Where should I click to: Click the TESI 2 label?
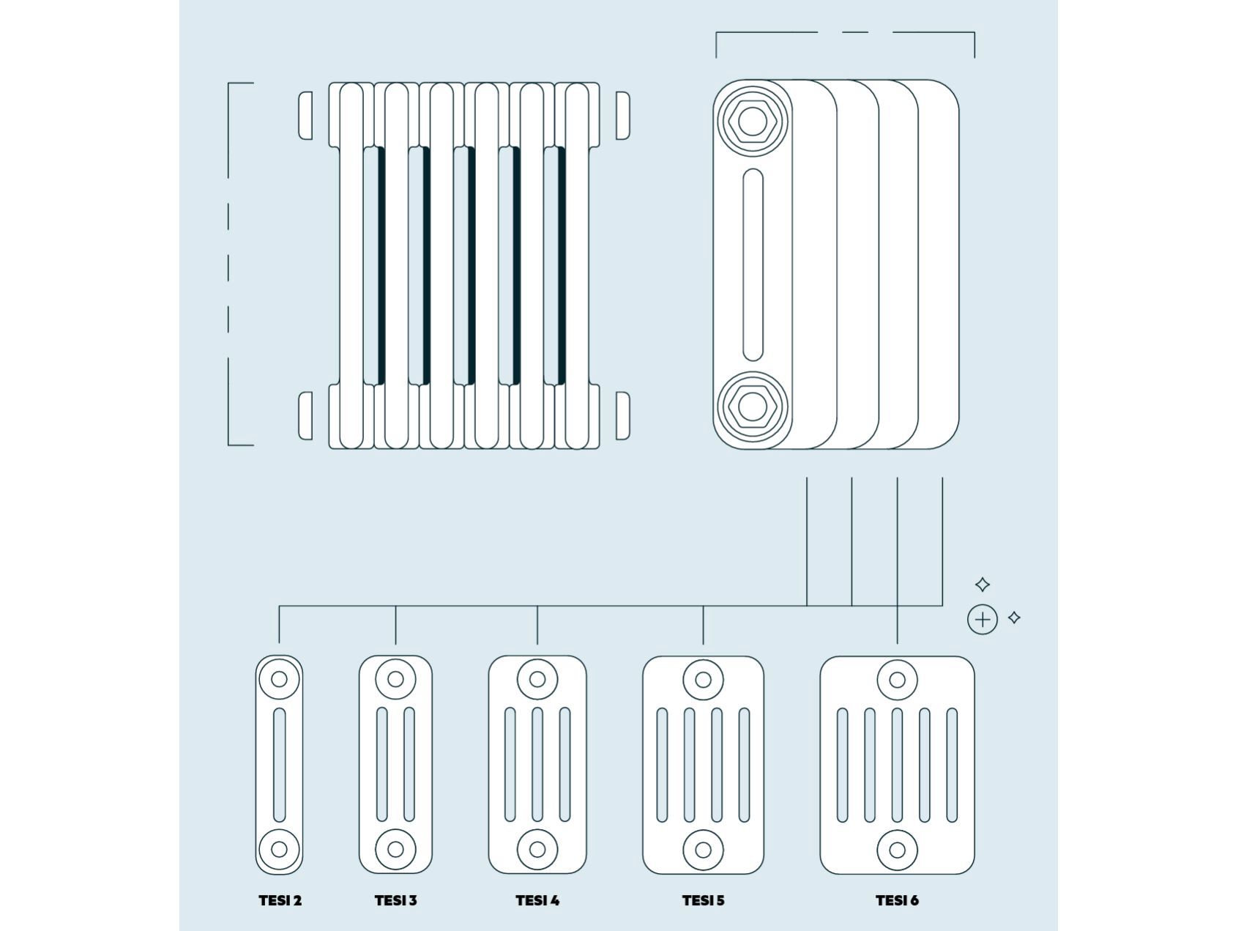280,900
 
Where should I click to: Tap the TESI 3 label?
395,900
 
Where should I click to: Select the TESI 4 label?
537,900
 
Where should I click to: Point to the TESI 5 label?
703,900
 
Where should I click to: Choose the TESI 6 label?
897,900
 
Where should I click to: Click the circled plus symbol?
983,620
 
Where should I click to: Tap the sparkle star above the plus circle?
983,585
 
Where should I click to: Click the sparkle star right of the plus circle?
1014,617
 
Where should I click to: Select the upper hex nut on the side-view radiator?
752,120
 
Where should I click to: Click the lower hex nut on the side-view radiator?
752,406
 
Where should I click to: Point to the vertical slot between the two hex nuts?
753,264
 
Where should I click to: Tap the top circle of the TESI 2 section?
279,679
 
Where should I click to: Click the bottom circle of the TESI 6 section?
897,850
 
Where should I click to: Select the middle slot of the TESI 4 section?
537,765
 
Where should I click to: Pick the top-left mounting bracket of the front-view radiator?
305,115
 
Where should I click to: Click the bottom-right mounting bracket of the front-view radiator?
622,415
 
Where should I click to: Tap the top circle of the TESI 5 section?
703,680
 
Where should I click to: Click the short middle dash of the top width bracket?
854,32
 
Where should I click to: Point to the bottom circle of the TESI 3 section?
395,850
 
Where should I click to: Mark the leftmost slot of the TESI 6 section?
842,765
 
